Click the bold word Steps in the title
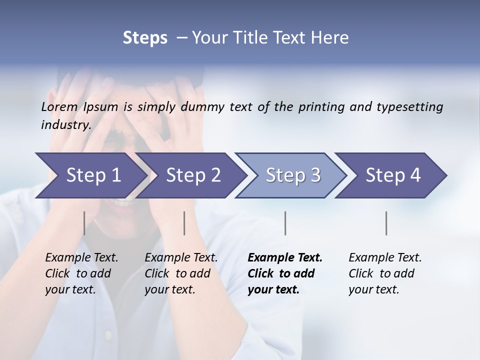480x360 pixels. coord(145,38)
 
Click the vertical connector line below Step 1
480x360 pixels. coord(84,223)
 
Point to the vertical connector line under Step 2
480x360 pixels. coord(184,223)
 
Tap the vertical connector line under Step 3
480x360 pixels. coord(285,223)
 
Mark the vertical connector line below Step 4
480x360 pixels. coord(386,223)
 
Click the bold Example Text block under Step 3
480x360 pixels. coord(285,273)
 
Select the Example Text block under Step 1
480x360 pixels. coord(81,273)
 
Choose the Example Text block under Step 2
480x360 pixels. coord(181,273)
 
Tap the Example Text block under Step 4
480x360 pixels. coord(385,273)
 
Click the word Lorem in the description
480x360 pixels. coord(59,106)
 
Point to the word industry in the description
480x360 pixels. coord(66,125)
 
